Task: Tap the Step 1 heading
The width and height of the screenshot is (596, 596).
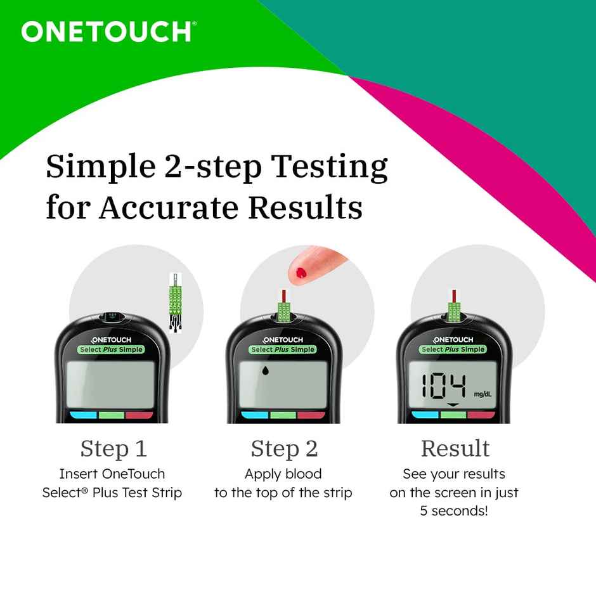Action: tap(113, 448)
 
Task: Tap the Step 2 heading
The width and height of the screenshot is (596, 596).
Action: tap(283, 448)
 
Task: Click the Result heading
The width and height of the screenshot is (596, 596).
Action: tap(455, 448)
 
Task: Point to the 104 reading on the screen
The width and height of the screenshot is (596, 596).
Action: tap(444, 386)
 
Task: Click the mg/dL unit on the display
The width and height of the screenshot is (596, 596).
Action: tap(483, 394)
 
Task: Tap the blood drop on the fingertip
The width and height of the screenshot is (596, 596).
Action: tap(301, 273)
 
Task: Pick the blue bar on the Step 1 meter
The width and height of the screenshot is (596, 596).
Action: tap(82, 416)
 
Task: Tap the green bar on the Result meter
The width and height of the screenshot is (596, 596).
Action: tap(454, 415)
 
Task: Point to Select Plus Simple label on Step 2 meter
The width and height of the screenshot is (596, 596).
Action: tap(283, 349)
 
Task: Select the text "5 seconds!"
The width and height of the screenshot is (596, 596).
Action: tap(454, 511)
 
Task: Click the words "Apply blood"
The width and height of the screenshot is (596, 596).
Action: tap(283, 474)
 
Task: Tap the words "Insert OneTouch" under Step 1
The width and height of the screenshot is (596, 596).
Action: tap(112, 474)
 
